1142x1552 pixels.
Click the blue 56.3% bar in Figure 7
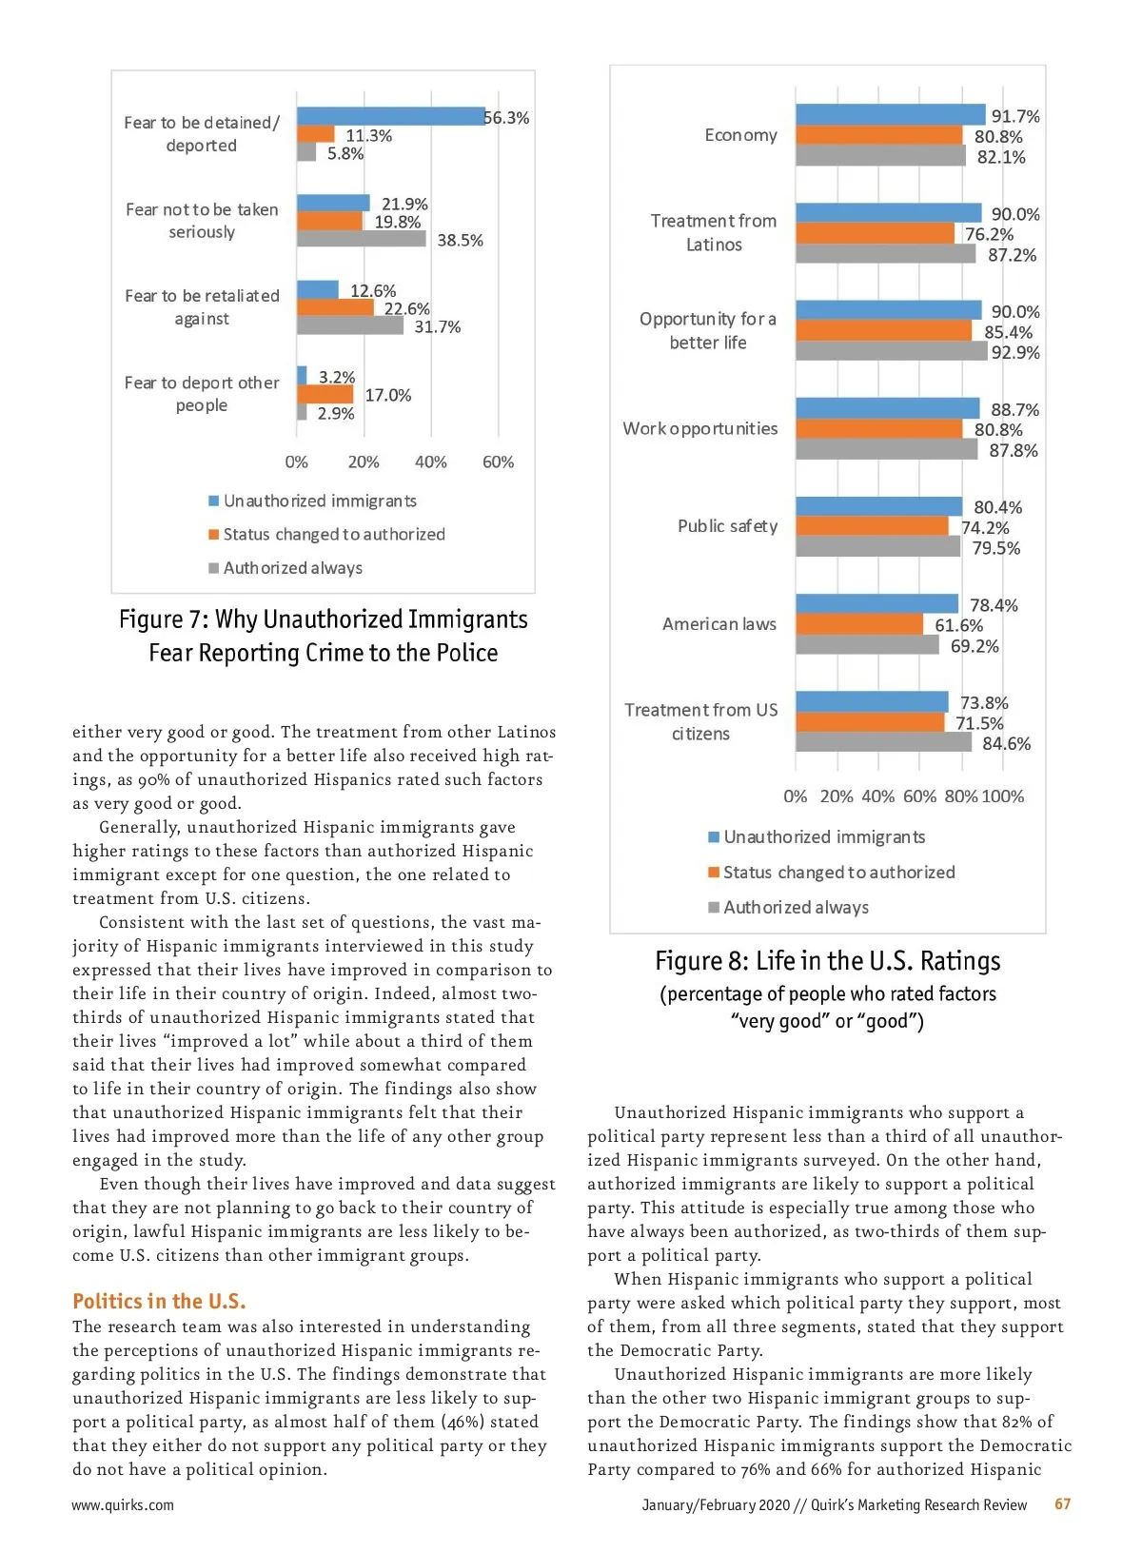(390, 116)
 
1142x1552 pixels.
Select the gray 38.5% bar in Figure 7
(361, 239)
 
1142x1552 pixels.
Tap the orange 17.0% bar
(325, 394)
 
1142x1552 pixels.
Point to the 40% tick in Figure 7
(430, 462)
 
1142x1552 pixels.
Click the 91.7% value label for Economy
(1015, 116)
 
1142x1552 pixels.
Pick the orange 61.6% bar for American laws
(859, 624)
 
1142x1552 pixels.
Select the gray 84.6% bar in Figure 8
(883, 742)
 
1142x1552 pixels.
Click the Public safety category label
(727, 526)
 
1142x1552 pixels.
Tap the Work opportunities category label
(699, 428)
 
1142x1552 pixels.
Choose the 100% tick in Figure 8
(1002, 796)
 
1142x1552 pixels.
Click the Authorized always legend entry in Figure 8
(796, 908)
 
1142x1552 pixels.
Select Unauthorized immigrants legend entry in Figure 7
(320, 501)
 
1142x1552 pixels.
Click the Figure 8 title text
(827, 962)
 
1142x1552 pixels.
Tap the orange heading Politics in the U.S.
(159, 1301)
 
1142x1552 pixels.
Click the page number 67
(1062, 1504)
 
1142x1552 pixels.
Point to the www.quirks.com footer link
(123, 1505)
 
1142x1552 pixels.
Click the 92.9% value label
(1014, 353)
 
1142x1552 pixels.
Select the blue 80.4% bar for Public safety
(878, 506)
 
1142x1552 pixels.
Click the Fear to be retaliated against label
(202, 307)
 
